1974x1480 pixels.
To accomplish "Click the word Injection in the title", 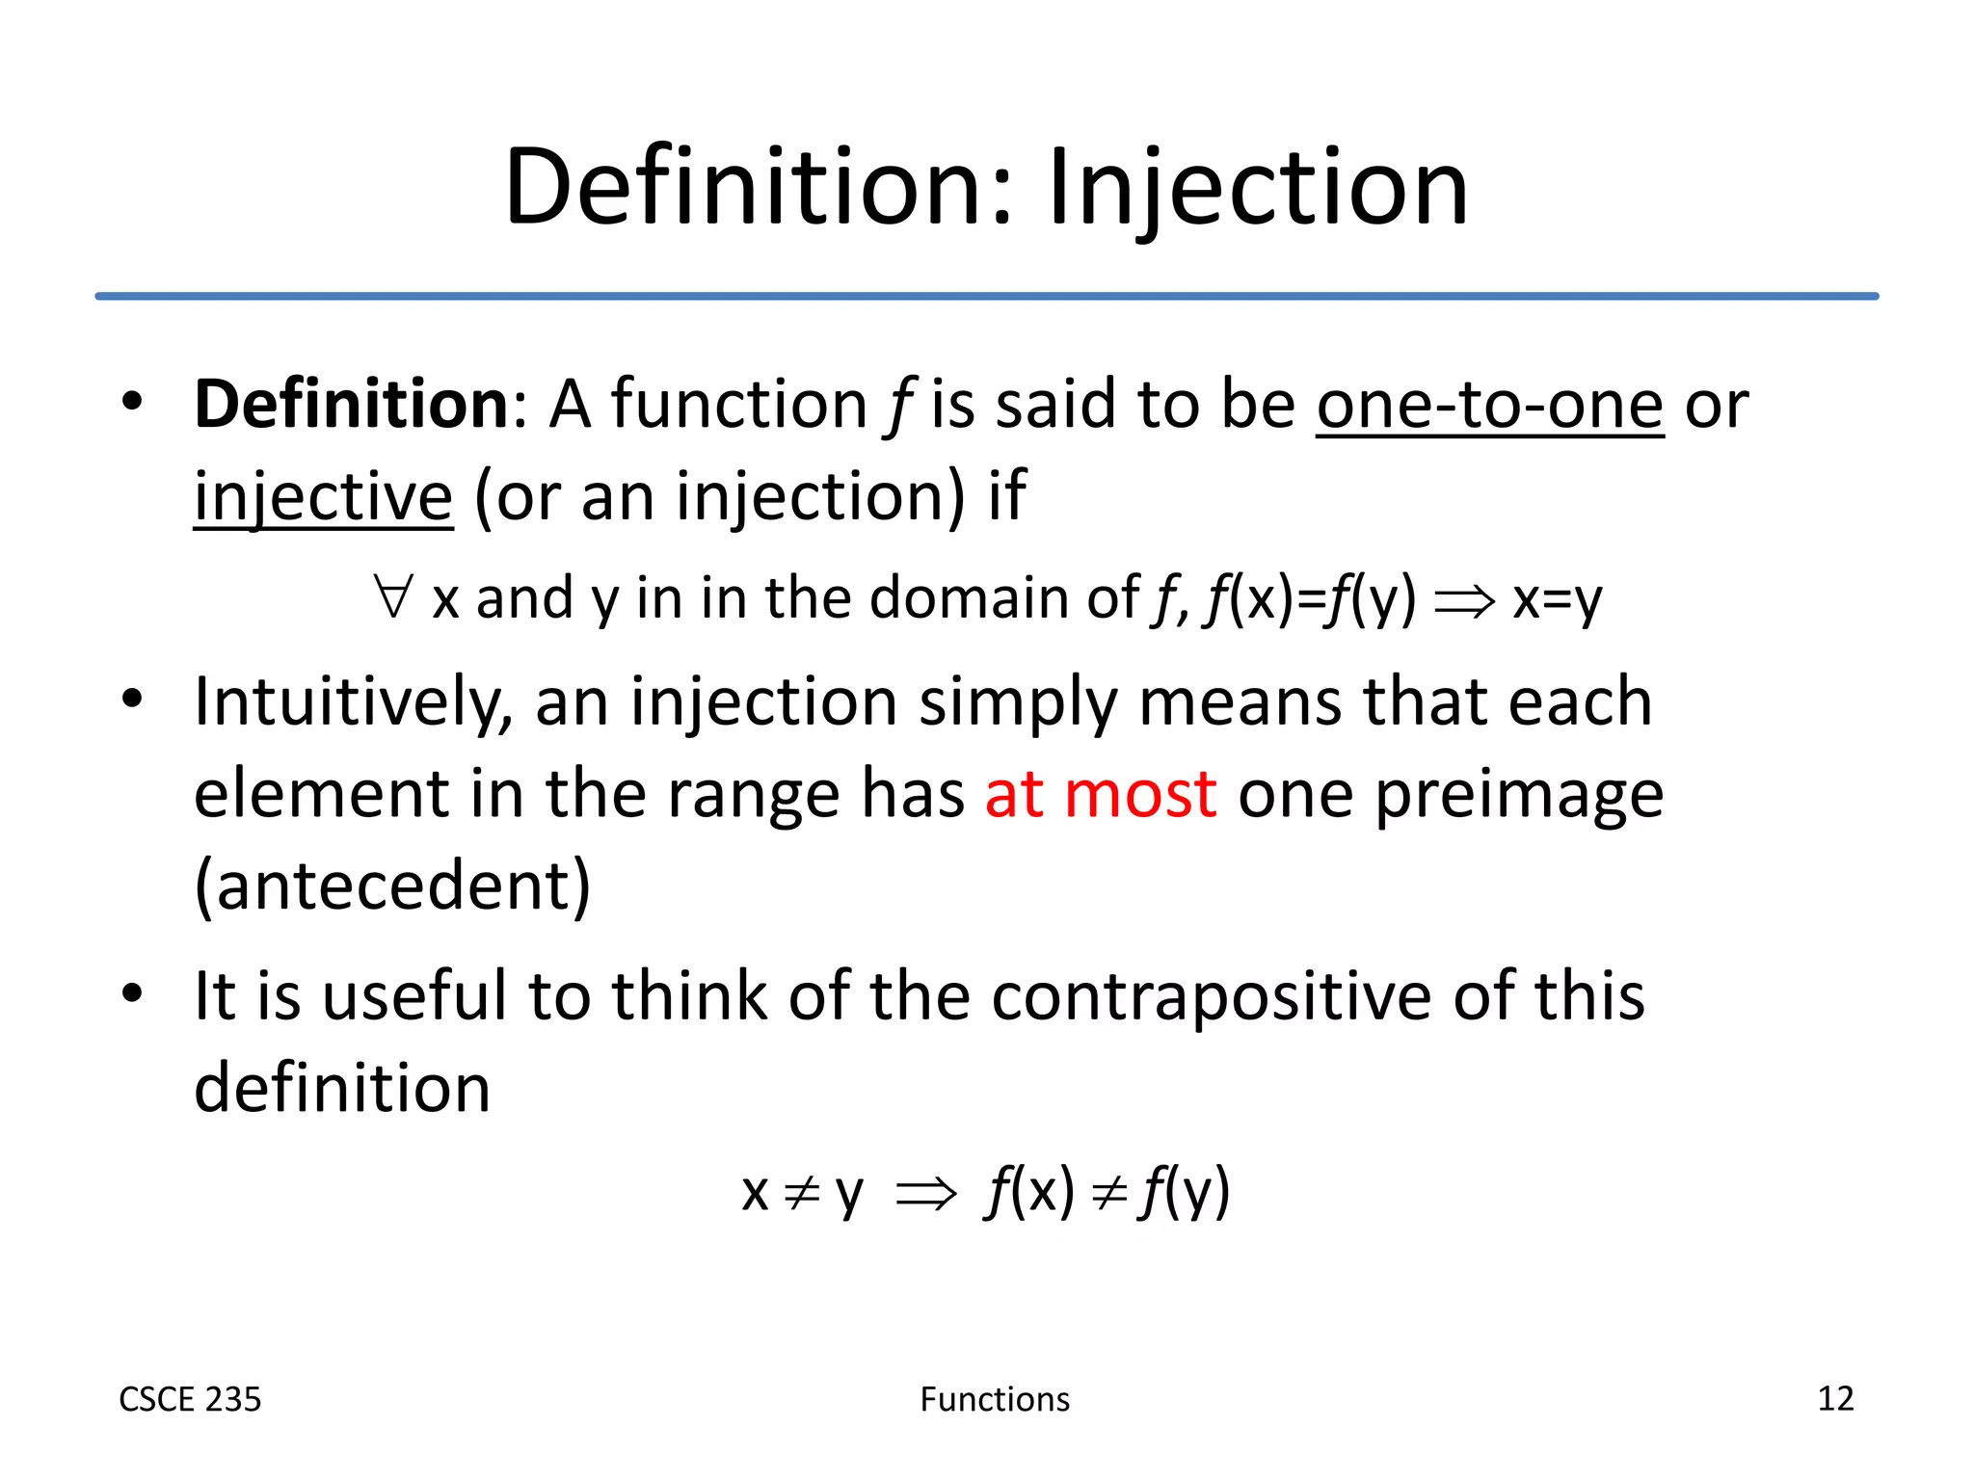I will click(1257, 188).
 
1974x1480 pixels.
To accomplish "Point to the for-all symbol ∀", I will click(394, 596).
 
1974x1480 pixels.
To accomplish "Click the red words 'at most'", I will click(1100, 795).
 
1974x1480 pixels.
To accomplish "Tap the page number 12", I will click(1834, 1398).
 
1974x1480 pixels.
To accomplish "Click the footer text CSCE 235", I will click(190, 1399).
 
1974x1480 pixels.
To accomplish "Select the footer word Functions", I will click(995, 1399).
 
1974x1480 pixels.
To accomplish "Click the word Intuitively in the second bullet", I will click(353, 702).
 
